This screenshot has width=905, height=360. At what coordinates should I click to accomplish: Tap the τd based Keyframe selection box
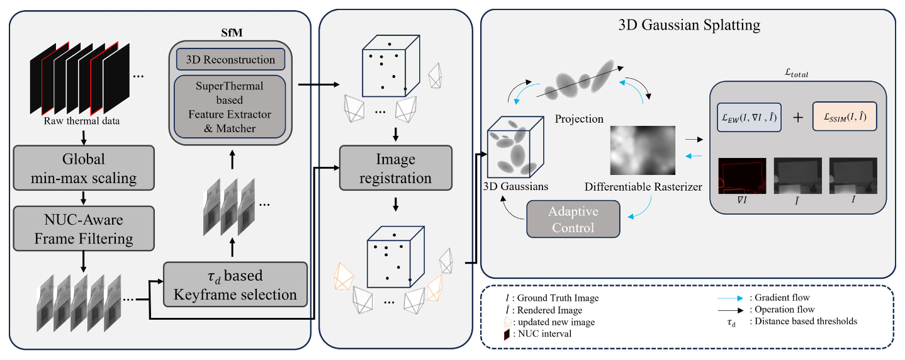235,284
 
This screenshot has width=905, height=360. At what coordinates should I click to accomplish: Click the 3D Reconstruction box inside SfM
230,60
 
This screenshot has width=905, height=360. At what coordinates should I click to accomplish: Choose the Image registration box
395,168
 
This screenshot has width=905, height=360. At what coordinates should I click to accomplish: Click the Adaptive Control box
573,218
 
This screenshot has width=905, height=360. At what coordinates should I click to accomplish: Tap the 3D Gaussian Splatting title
688,25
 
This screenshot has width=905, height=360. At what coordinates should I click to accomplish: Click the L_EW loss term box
749,116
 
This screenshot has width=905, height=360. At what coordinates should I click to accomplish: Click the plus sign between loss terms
797,117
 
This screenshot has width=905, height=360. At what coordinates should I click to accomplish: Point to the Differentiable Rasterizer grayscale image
643,149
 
